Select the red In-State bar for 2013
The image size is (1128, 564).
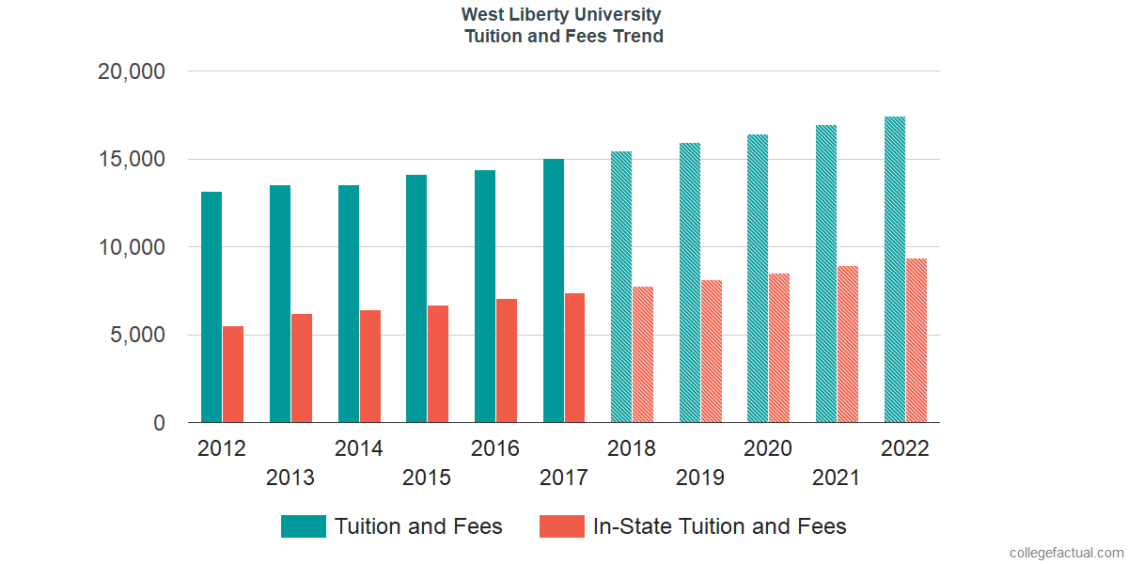[x=302, y=368]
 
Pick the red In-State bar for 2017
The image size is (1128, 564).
[x=575, y=358]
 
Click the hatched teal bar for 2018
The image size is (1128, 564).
[x=621, y=287]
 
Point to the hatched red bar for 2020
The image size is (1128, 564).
[x=779, y=348]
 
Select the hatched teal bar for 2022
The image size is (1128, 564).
[x=895, y=270]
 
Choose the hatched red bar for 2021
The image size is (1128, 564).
[x=848, y=344]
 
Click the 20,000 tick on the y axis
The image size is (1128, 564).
[x=132, y=71]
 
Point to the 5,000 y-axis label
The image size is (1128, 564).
[x=132, y=336]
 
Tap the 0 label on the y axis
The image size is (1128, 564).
[x=159, y=424]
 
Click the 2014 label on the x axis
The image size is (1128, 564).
[x=359, y=448]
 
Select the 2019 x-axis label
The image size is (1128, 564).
[x=700, y=478]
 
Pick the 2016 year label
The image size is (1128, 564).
[x=495, y=448]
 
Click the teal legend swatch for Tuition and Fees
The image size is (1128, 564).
[x=304, y=526]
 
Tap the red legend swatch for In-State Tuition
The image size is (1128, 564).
[x=562, y=526]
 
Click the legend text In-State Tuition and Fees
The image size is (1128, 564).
[x=720, y=526]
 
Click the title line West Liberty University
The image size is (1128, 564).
[x=561, y=15]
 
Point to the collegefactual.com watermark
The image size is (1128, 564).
[x=1066, y=553]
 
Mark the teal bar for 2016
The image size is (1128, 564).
[x=485, y=296]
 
